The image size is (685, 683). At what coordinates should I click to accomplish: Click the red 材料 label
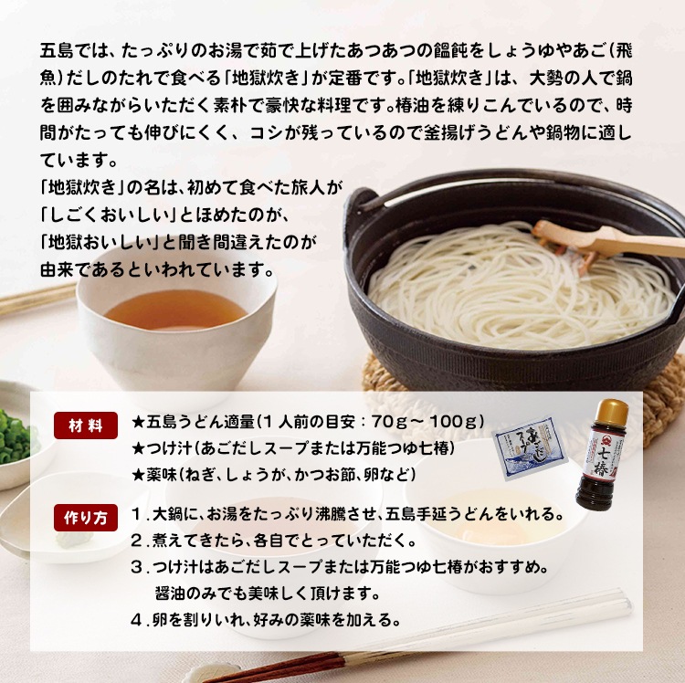(85, 426)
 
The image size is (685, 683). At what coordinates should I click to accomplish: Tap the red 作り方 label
(85, 517)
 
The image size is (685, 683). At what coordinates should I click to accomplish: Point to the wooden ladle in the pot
(603, 239)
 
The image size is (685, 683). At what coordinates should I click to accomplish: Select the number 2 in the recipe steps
(136, 540)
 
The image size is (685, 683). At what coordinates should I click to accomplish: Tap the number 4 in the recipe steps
(136, 619)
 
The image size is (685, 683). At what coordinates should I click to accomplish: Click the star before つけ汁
(138, 448)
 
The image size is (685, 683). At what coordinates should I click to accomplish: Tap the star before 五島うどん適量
(138, 422)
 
